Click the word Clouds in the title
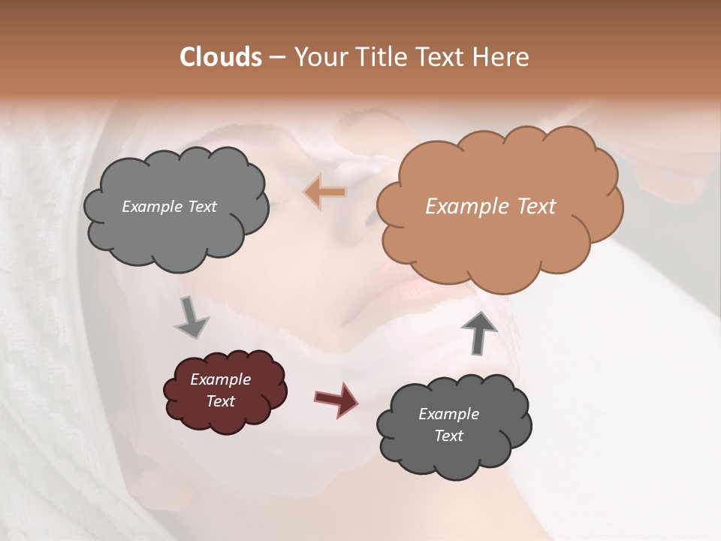[x=221, y=57]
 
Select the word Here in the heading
[x=502, y=57]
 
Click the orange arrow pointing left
[x=325, y=192]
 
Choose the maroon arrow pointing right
[x=336, y=399]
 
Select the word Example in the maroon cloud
[x=220, y=379]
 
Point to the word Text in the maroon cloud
[x=221, y=401]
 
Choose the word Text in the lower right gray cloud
[x=448, y=436]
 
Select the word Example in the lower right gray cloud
[x=448, y=414]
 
